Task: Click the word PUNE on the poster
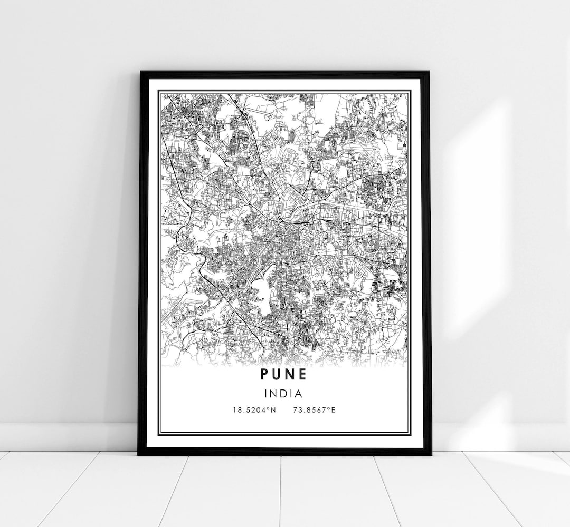(x=284, y=374)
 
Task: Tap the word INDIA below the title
(x=284, y=393)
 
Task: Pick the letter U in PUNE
(x=278, y=374)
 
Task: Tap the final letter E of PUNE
(x=303, y=374)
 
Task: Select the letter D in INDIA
(x=285, y=393)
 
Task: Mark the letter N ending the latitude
(x=273, y=410)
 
